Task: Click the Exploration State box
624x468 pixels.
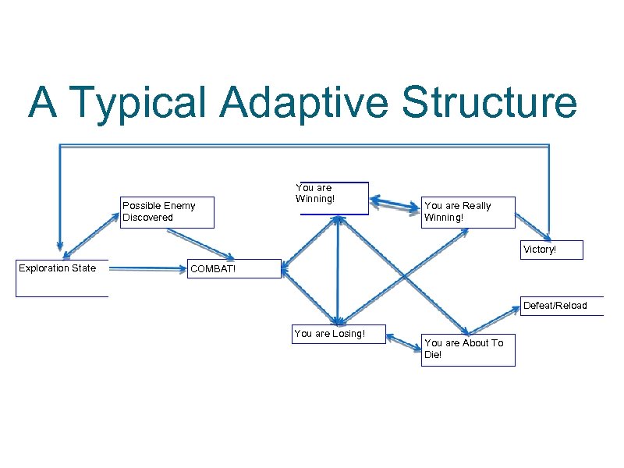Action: click(x=62, y=278)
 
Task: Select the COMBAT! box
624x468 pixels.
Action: click(x=234, y=270)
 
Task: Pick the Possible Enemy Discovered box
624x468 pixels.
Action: click(x=167, y=211)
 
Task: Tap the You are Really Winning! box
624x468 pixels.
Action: click(x=467, y=211)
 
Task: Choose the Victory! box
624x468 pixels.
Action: click(x=551, y=250)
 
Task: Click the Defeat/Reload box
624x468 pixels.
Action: click(x=562, y=306)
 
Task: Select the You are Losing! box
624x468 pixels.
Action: click(x=338, y=334)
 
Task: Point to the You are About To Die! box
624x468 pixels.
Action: click(x=467, y=348)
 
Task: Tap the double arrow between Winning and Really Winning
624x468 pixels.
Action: click(x=394, y=204)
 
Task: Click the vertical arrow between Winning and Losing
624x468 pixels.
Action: click(x=338, y=269)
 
